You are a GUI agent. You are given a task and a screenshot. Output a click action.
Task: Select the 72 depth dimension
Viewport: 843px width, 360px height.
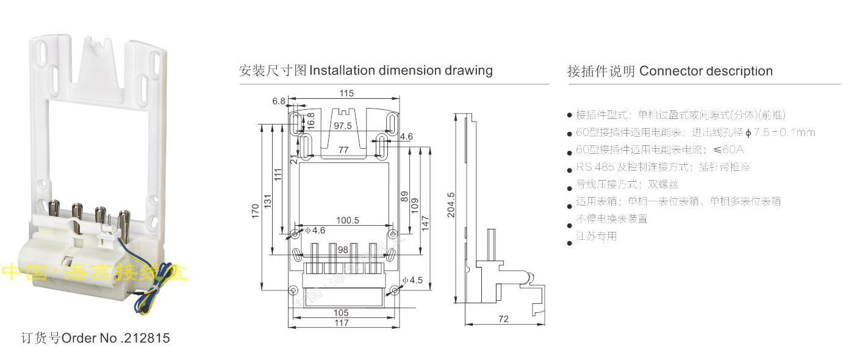tap(503, 319)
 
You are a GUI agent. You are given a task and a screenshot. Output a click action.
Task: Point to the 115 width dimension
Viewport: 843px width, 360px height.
tap(346, 93)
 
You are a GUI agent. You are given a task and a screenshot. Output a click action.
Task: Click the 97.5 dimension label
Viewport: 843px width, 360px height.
tap(342, 126)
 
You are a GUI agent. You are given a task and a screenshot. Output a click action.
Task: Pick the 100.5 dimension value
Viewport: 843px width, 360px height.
tap(347, 220)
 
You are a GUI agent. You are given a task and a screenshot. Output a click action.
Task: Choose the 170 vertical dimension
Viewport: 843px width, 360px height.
tap(256, 211)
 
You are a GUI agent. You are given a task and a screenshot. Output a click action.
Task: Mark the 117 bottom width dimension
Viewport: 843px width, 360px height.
tap(342, 323)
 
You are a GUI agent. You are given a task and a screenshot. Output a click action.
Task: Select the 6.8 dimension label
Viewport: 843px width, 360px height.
tap(279, 101)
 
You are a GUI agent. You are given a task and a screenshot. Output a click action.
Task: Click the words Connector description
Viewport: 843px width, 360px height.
tap(706, 71)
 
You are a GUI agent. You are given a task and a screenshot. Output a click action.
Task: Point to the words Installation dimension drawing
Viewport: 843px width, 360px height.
tap(401, 70)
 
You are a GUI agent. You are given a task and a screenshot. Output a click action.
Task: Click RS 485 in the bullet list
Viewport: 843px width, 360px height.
tap(590, 167)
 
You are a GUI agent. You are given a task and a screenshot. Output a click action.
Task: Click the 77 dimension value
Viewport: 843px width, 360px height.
tap(343, 149)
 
